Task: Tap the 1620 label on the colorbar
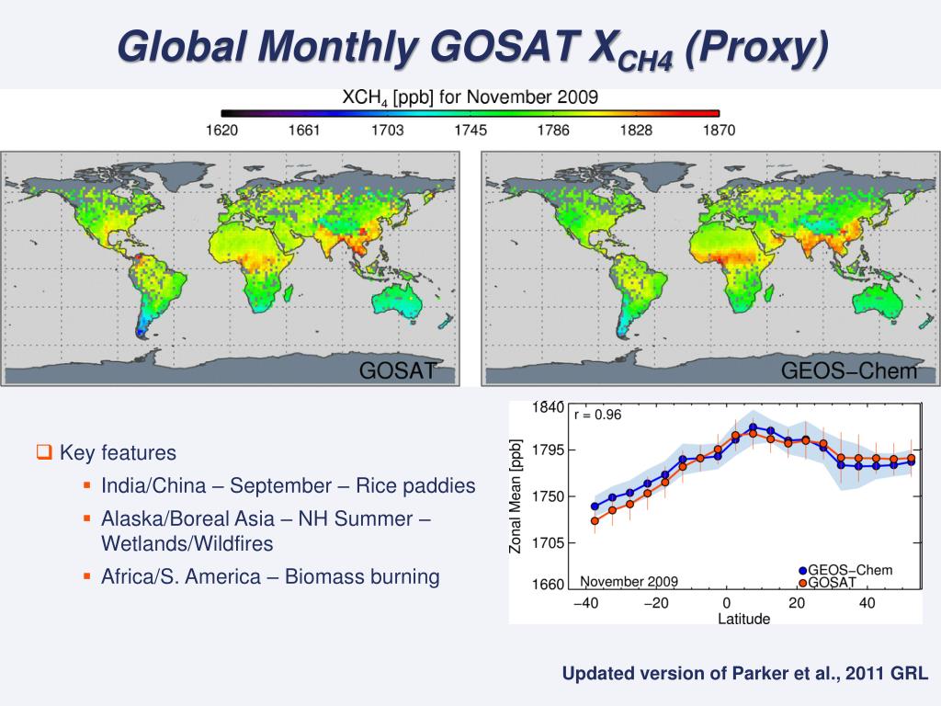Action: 221,130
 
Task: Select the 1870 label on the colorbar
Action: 719,130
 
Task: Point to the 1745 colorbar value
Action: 470,130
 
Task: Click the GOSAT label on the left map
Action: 394,371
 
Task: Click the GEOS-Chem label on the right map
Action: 849,371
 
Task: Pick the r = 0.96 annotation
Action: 598,415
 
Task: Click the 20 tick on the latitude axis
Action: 797,603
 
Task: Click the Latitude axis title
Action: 743,619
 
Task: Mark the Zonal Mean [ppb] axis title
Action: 516,496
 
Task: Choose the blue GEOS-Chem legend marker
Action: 802,571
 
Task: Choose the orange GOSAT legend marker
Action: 802,583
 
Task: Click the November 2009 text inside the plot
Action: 629,581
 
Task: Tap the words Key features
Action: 118,453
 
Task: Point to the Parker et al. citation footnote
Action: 745,674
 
